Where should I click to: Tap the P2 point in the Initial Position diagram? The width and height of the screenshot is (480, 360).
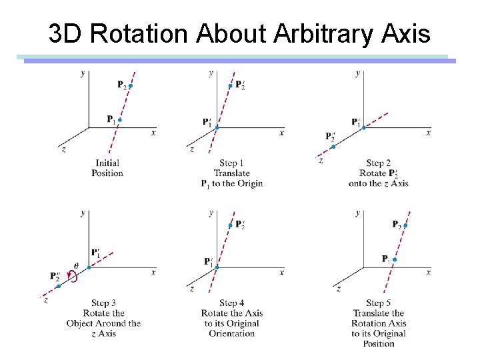130,85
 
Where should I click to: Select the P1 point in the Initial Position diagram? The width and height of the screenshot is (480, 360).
120,120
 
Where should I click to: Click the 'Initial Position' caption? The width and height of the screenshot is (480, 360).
107,168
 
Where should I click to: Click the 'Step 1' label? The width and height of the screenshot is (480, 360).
231,163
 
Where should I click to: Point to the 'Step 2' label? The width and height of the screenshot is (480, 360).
378,163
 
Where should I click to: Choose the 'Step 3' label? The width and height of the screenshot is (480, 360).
103,303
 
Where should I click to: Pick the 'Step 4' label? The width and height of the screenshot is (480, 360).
231,303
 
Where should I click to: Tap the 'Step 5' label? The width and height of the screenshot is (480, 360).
378,303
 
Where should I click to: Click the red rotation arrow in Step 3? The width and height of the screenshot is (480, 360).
73,277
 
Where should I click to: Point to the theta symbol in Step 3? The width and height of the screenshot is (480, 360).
75,266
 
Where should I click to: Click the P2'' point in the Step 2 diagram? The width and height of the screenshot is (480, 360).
333,147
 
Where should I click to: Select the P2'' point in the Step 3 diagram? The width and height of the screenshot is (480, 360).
59,286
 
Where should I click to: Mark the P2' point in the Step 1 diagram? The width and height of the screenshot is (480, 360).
230,86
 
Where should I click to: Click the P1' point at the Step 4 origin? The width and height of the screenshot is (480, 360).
217,267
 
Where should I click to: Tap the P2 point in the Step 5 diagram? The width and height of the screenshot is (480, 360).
405,225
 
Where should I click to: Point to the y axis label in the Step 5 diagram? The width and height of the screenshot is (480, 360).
358,213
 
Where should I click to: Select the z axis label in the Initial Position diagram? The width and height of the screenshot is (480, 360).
63,149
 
